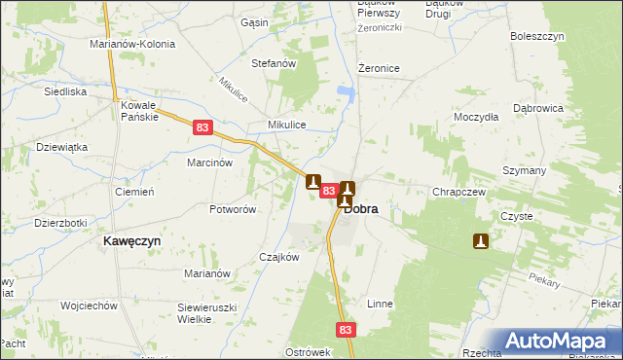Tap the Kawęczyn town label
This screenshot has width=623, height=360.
click(132, 239)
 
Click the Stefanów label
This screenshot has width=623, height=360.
click(274, 63)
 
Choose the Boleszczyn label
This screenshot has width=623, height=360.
click(537, 36)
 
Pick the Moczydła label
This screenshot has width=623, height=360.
click(476, 117)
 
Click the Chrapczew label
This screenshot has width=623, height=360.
click(458, 192)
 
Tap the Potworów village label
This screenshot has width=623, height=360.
click(232, 209)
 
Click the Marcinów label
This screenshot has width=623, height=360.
click(209, 162)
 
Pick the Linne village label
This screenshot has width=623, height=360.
click(380, 304)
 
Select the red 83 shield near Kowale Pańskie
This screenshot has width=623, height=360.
click(202, 127)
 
